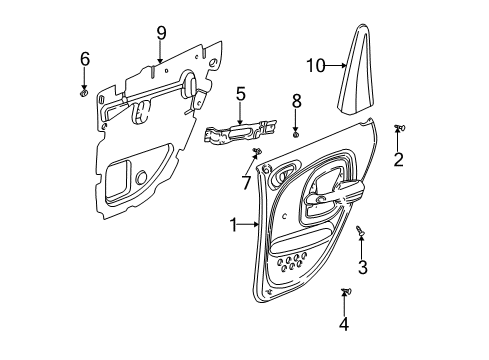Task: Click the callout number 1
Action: click(233, 226)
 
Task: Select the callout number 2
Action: click(397, 160)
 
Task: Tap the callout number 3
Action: click(363, 267)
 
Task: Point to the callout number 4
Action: click(344, 324)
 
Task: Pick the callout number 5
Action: click(240, 94)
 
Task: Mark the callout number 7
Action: click(247, 183)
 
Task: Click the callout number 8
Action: click(296, 100)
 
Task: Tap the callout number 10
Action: click(316, 67)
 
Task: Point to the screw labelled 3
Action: click(361, 232)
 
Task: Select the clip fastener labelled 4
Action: click(345, 292)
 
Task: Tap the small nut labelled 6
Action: click(85, 92)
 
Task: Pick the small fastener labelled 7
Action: click(256, 151)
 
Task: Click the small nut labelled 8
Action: click(296, 132)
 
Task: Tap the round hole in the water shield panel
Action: click(141, 178)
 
